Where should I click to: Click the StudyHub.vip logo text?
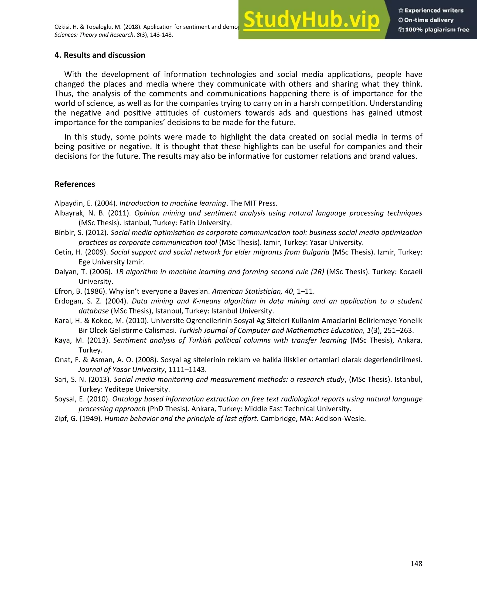click(x=311, y=20)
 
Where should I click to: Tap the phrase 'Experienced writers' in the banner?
click(x=434, y=10)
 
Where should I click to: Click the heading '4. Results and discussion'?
click(x=100, y=55)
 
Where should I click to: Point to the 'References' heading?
click(x=75, y=184)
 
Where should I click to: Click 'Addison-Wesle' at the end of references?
click(x=340, y=418)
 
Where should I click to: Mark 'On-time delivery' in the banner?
click(x=429, y=20)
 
